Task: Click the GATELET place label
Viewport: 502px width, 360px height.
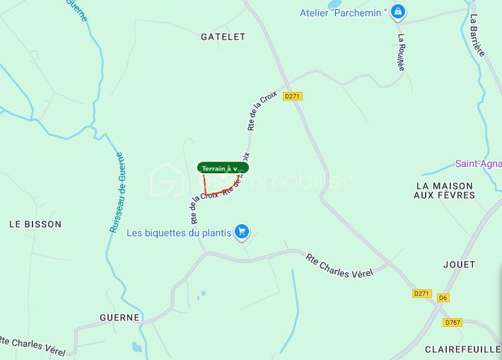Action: point(222,36)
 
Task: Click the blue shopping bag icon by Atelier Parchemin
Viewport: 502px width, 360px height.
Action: point(399,11)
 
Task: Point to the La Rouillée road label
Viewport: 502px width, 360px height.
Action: point(401,52)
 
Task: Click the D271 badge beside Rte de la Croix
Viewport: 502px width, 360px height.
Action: point(292,96)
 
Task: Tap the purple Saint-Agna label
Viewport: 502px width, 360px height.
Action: point(478,163)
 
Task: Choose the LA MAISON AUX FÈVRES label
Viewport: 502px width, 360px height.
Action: point(454,190)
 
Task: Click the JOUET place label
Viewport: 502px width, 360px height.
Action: point(459,265)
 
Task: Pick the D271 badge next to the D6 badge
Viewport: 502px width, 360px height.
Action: point(421,294)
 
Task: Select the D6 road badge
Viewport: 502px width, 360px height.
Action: point(443,298)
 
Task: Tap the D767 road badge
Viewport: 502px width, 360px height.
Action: point(453,323)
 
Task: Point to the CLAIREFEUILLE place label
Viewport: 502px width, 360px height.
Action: point(463,349)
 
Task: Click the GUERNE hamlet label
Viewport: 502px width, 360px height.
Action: point(119,318)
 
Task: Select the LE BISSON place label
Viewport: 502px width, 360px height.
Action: point(35,224)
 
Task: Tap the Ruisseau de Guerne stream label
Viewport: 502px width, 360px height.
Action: point(117,192)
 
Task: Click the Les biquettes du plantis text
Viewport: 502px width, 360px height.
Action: point(179,232)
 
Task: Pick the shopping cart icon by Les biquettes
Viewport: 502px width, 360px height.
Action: point(242,231)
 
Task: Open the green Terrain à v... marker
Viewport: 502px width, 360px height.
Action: point(222,168)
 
